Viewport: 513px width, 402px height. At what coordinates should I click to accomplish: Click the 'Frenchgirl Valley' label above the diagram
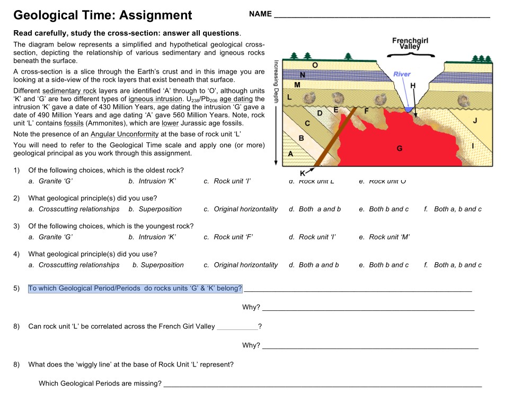[x=410, y=43]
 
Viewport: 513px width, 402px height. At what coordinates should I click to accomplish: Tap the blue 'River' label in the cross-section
[x=402, y=74]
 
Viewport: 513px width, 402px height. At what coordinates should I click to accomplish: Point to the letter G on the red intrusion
[x=399, y=149]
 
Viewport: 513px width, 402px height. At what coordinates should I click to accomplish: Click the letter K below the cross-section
[x=303, y=173]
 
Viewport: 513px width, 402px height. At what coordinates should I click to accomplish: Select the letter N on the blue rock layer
[x=302, y=75]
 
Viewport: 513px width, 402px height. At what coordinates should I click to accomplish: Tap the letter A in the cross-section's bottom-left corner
[x=290, y=153]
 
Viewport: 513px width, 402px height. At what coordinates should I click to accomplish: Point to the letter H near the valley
[x=413, y=86]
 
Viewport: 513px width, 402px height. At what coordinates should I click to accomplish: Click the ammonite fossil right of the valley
[x=464, y=100]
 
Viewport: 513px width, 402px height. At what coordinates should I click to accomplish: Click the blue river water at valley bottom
[x=408, y=109]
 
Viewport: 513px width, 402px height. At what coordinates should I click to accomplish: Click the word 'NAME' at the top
[x=260, y=14]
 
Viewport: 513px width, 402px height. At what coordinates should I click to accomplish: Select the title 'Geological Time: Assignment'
[x=102, y=15]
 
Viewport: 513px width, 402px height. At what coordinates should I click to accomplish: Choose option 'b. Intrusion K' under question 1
[x=152, y=181]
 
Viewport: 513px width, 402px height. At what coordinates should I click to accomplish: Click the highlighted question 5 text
[x=135, y=289]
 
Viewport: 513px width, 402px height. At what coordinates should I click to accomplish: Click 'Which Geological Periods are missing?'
[x=100, y=383]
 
